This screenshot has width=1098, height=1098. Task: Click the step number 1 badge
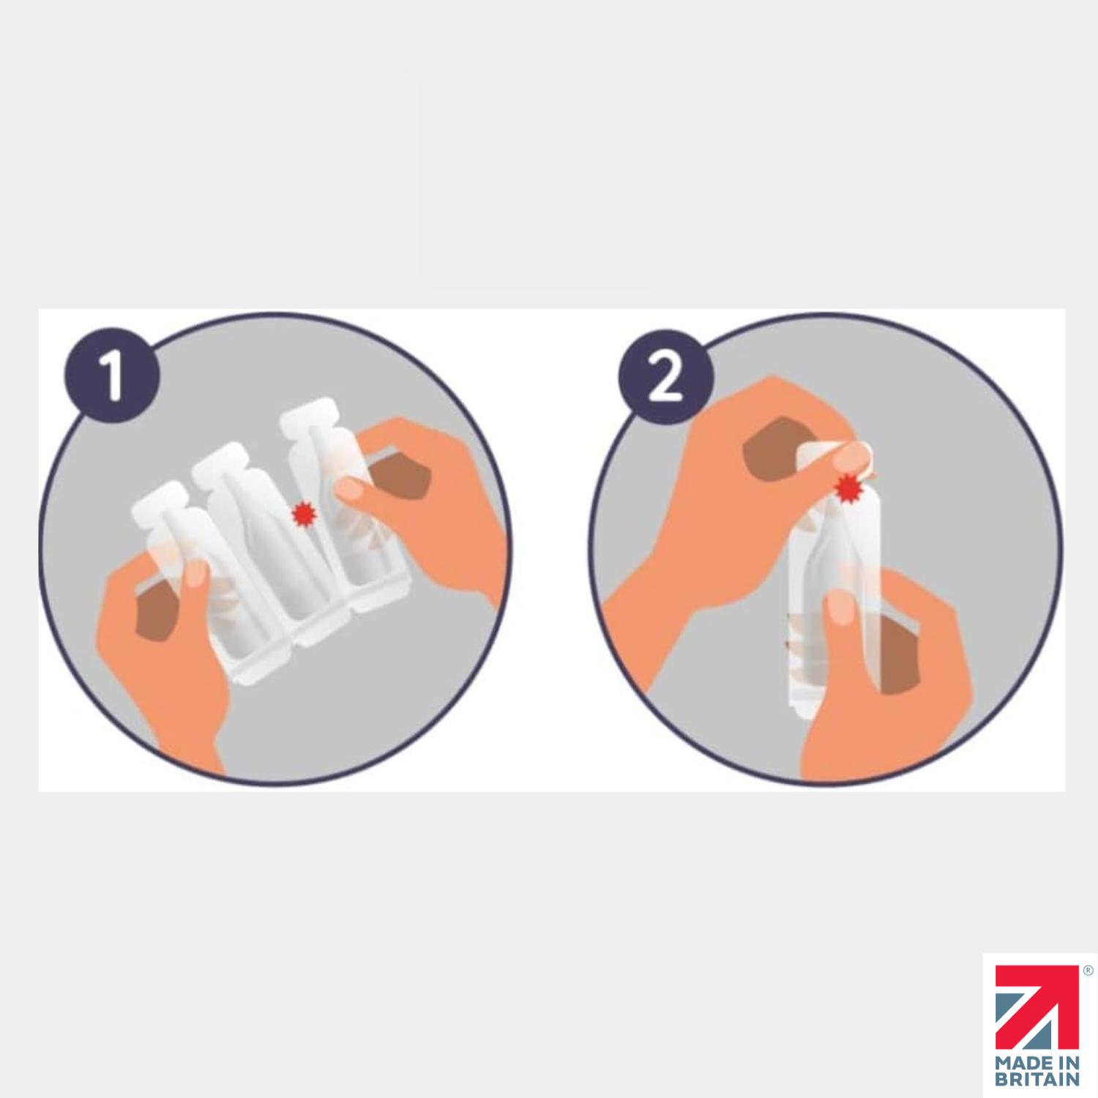pos(112,375)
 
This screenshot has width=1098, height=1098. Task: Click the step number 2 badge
pos(665,376)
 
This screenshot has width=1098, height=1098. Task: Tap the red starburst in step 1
pos(303,514)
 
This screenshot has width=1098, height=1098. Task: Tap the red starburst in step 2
pos(848,488)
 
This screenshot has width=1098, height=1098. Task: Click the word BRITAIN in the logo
pos(1037,1079)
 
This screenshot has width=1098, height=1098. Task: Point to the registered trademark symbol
pos(1088,971)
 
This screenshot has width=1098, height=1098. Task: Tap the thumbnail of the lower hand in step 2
pos(840,608)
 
